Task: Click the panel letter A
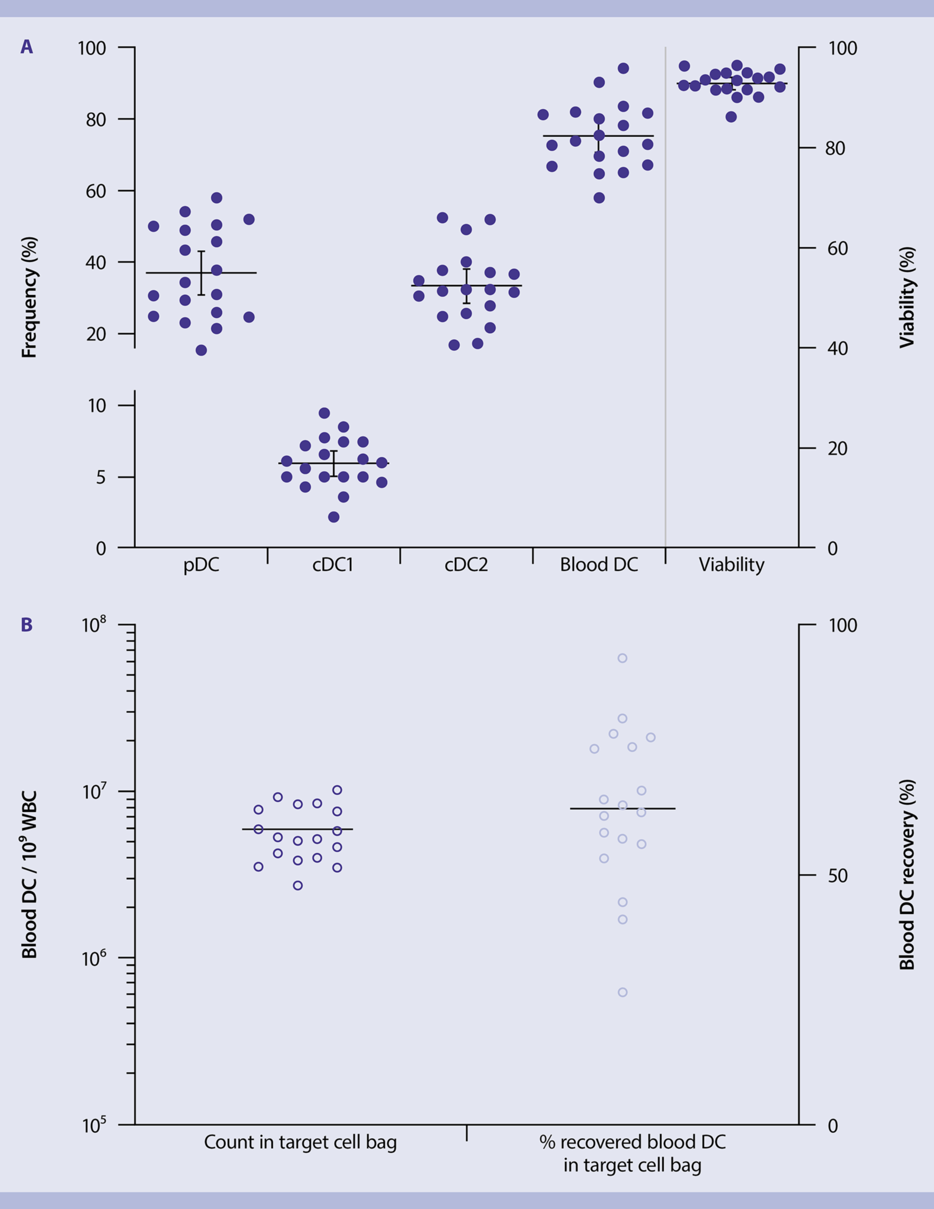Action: click(x=27, y=47)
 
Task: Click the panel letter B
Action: click(x=27, y=625)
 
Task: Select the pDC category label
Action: click(x=201, y=565)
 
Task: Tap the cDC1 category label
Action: click(x=333, y=565)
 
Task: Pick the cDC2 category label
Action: click(x=466, y=565)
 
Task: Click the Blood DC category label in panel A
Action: click(x=598, y=565)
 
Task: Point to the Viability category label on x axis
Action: click(x=731, y=565)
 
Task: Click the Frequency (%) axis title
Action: click(x=29, y=297)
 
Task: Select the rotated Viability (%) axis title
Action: click(x=906, y=297)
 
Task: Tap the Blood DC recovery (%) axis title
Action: click(x=906, y=875)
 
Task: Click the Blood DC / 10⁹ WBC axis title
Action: click(x=29, y=875)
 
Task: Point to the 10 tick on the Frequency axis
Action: click(x=97, y=406)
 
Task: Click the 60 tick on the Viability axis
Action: click(x=837, y=249)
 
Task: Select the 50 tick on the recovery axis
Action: click(x=837, y=876)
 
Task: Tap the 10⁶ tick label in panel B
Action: click(x=93, y=957)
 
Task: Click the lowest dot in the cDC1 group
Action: click(x=333, y=517)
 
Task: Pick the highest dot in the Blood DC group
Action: click(x=623, y=69)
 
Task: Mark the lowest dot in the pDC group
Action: click(x=201, y=350)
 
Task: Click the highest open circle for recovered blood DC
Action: click(x=622, y=658)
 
